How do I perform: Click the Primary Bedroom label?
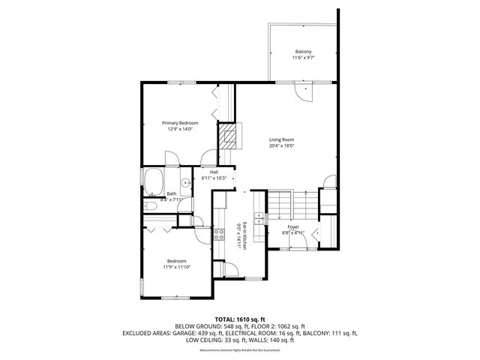click(x=180, y=123)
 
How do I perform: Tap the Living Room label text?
click(x=282, y=139)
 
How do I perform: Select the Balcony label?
click(x=302, y=51)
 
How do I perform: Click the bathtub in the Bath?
click(x=154, y=181)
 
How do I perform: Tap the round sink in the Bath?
click(x=184, y=181)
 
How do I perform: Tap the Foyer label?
click(x=293, y=226)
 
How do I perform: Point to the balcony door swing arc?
click(x=307, y=91)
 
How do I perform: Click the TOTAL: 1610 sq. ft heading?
click(x=240, y=319)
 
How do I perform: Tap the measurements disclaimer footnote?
click(x=240, y=349)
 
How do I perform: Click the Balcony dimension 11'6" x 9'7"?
click(x=302, y=57)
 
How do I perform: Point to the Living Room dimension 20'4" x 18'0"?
click(x=282, y=145)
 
